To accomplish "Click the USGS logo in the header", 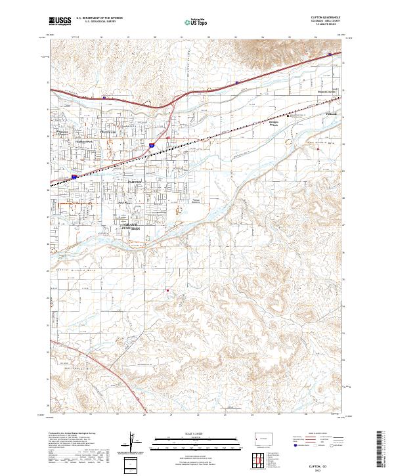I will [60, 21].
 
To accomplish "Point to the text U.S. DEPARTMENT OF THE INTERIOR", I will [99, 18].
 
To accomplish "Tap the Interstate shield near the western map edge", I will [74, 177].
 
